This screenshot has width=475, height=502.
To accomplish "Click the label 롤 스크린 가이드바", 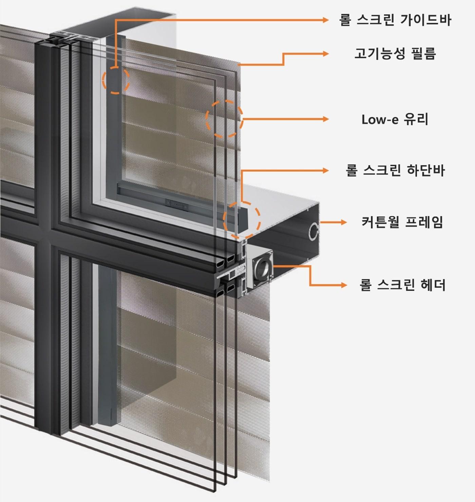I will pyautogui.click(x=395, y=20).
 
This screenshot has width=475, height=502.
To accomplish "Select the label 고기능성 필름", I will pyautogui.click(x=395, y=54).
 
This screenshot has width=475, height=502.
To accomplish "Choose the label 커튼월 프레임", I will pyautogui.click(x=402, y=222).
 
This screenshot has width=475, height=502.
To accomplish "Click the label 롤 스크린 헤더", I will pyautogui.click(x=402, y=285).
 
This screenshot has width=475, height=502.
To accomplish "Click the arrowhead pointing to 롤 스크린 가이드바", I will pyautogui.click(x=326, y=20).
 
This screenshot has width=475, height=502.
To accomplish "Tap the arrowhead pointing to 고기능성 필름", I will pyautogui.click(x=326, y=54).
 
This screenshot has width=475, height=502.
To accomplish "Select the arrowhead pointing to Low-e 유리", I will pyautogui.click(x=326, y=119).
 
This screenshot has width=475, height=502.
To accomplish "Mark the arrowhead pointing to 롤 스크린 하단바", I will pyautogui.click(x=326, y=170).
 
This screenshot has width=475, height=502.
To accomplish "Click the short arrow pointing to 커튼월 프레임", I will pyautogui.click(x=334, y=222).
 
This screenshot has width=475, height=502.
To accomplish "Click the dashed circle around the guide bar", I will pyautogui.click(x=116, y=80).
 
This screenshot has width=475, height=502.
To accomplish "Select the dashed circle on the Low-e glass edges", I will pyautogui.click(x=224, y=118).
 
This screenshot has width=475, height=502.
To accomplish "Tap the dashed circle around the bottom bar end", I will pyautogui.click(x=242, y=220).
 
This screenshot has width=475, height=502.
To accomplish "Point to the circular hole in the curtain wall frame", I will pyautogui.click(x=314, y=231).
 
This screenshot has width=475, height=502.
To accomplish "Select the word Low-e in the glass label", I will pyautogui.click(x=375, y=119).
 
